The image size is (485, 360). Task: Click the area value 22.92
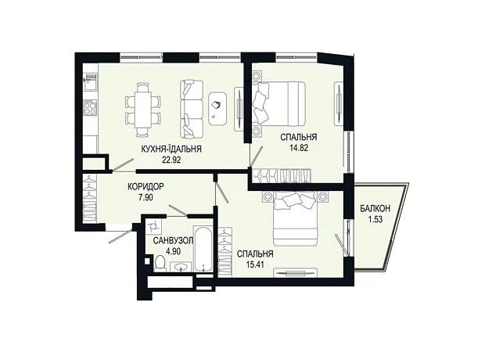click(x=171, y=160)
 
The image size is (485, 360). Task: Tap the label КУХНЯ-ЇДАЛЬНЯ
click(x=171, y=149)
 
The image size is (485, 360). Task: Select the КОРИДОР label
click(x=145, y=187)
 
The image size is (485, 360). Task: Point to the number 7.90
click(x=145, y=197)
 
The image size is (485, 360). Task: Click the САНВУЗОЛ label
click(x=173, y=240)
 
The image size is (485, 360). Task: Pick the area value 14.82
click(x=299, y=147)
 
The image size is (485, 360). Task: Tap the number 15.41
click(x=255, y=265)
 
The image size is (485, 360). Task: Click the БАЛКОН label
click(x=375, y=209)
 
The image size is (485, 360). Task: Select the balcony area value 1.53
click(x=375, y=219)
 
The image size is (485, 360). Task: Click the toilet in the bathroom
click(x=160, y=263)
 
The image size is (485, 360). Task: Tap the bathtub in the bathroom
click(x=203, y=249)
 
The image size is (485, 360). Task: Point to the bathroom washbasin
click(x=181, y=267)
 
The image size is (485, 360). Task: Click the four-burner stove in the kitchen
click(x=90, y=107)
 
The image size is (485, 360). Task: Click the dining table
click(x=143, y=110)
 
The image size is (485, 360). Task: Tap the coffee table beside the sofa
click(x=218, y=109)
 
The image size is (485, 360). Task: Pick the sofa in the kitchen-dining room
click(x=191, y=109)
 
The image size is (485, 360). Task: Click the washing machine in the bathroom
click(x=153, y=226)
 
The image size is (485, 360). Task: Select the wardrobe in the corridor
click(x=90, y=199)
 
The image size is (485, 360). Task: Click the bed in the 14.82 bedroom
click(x=278, y=103)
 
